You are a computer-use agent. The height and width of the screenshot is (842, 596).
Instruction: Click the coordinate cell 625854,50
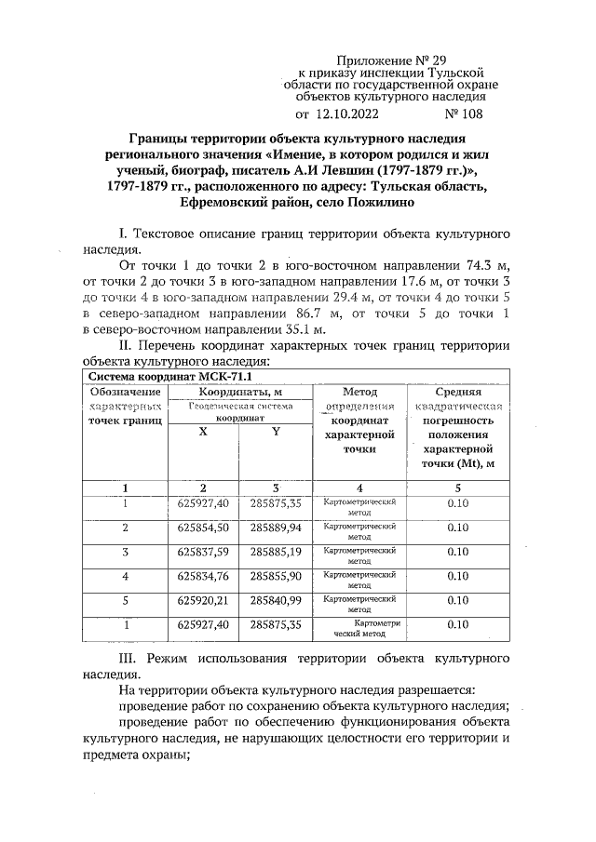(203, 528)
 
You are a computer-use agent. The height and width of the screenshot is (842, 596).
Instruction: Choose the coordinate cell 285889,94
(276, 528)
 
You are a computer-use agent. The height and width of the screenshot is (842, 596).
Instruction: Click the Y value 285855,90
(276, 578)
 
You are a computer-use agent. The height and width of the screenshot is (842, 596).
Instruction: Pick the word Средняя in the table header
(457, 394)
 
